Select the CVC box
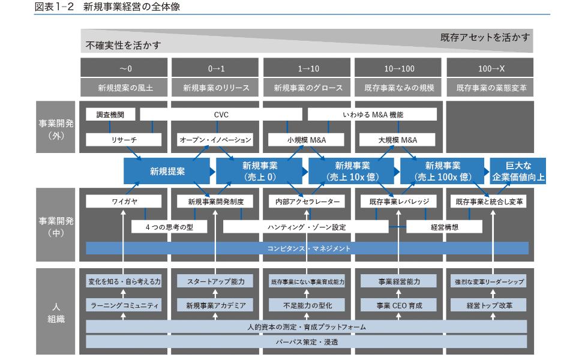tap(221, 114)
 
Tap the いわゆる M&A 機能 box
tap(372, 114)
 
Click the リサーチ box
tap(124, 140)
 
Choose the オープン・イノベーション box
tap(215, 140)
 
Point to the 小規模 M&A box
tap(306, 140)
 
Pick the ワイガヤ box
tap(124, 202)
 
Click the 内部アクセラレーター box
tap(306, 202)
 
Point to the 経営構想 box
tap(445, 227)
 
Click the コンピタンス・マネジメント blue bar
tap(307, 248)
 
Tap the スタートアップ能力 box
tap(215, 281)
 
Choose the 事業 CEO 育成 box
tap(399, 305)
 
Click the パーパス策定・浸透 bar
tap(307, 341)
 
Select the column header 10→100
tap(399, 68)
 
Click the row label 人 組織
tap(55, 311)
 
